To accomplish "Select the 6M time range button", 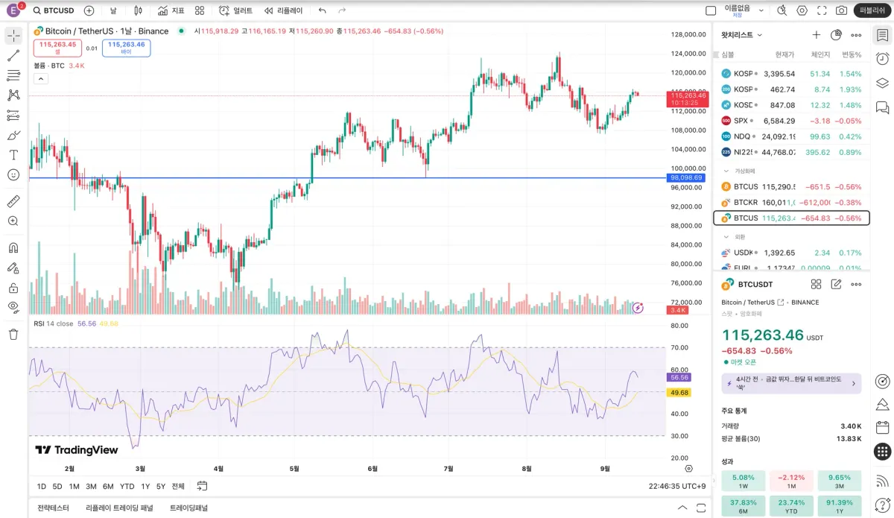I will click(x=108, y=486).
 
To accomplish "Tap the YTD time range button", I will click(x=127, y=486).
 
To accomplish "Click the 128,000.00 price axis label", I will click(x=688, y=34).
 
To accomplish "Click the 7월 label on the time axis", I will click(x=448, y=469).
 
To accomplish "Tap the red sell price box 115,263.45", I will click(x=58, y=48).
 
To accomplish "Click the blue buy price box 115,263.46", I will click(x=126, y=48).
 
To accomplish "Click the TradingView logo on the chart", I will click(x=77, y=449).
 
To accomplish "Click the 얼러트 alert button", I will click(x=236, y=10).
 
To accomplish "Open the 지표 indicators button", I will click(x=171, y=10).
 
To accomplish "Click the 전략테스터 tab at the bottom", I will click(x=53, y=508).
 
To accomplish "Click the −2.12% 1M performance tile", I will click(x=790, y=481).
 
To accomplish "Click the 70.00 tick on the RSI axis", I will click(x=679, y=347).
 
